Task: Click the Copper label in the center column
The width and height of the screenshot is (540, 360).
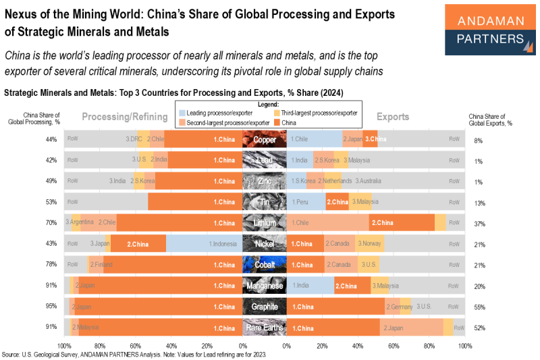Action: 265,140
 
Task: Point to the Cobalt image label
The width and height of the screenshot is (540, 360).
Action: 265,265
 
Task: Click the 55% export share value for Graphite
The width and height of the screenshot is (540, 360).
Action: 479,307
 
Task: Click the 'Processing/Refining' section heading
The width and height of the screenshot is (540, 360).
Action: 125,117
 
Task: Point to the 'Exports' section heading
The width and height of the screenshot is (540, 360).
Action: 393,117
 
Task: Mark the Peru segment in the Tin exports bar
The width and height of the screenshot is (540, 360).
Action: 306,202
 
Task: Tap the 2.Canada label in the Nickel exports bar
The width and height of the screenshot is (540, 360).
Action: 337,244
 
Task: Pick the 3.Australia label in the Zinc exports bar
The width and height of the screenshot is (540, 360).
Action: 371,182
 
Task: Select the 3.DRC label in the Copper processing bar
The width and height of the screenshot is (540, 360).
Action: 133,140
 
